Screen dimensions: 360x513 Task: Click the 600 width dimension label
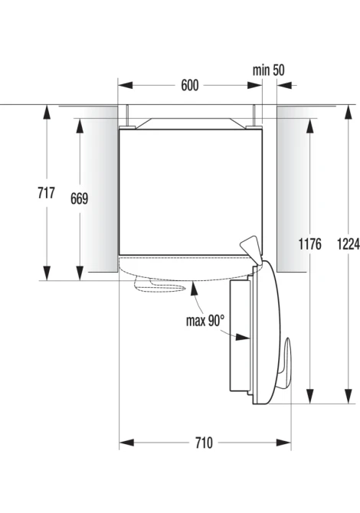pyautogui.click(x=190, y=86)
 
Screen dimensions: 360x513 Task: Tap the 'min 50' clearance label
pyautogui.click(x=268, y=70)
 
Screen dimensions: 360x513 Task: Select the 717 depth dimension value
pyautogui.click(x=46, y=193)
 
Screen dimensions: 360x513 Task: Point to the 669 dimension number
pyautogui.click(x=79, y=198)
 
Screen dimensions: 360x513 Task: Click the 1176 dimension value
pyautogui.click(x=309, y=243)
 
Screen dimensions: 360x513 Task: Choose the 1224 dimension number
pyautogui.click(x=349, y=243)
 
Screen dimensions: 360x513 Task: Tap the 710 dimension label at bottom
pyautogui.click(x=204, y=443)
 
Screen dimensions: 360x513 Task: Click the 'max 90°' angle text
pyautogui.click(x=205, y=321)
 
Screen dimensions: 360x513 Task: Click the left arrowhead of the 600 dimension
pyautogui.click(x=126, y=86)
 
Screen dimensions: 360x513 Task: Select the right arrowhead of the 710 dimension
pyautogui.click(x=283, y=443)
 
